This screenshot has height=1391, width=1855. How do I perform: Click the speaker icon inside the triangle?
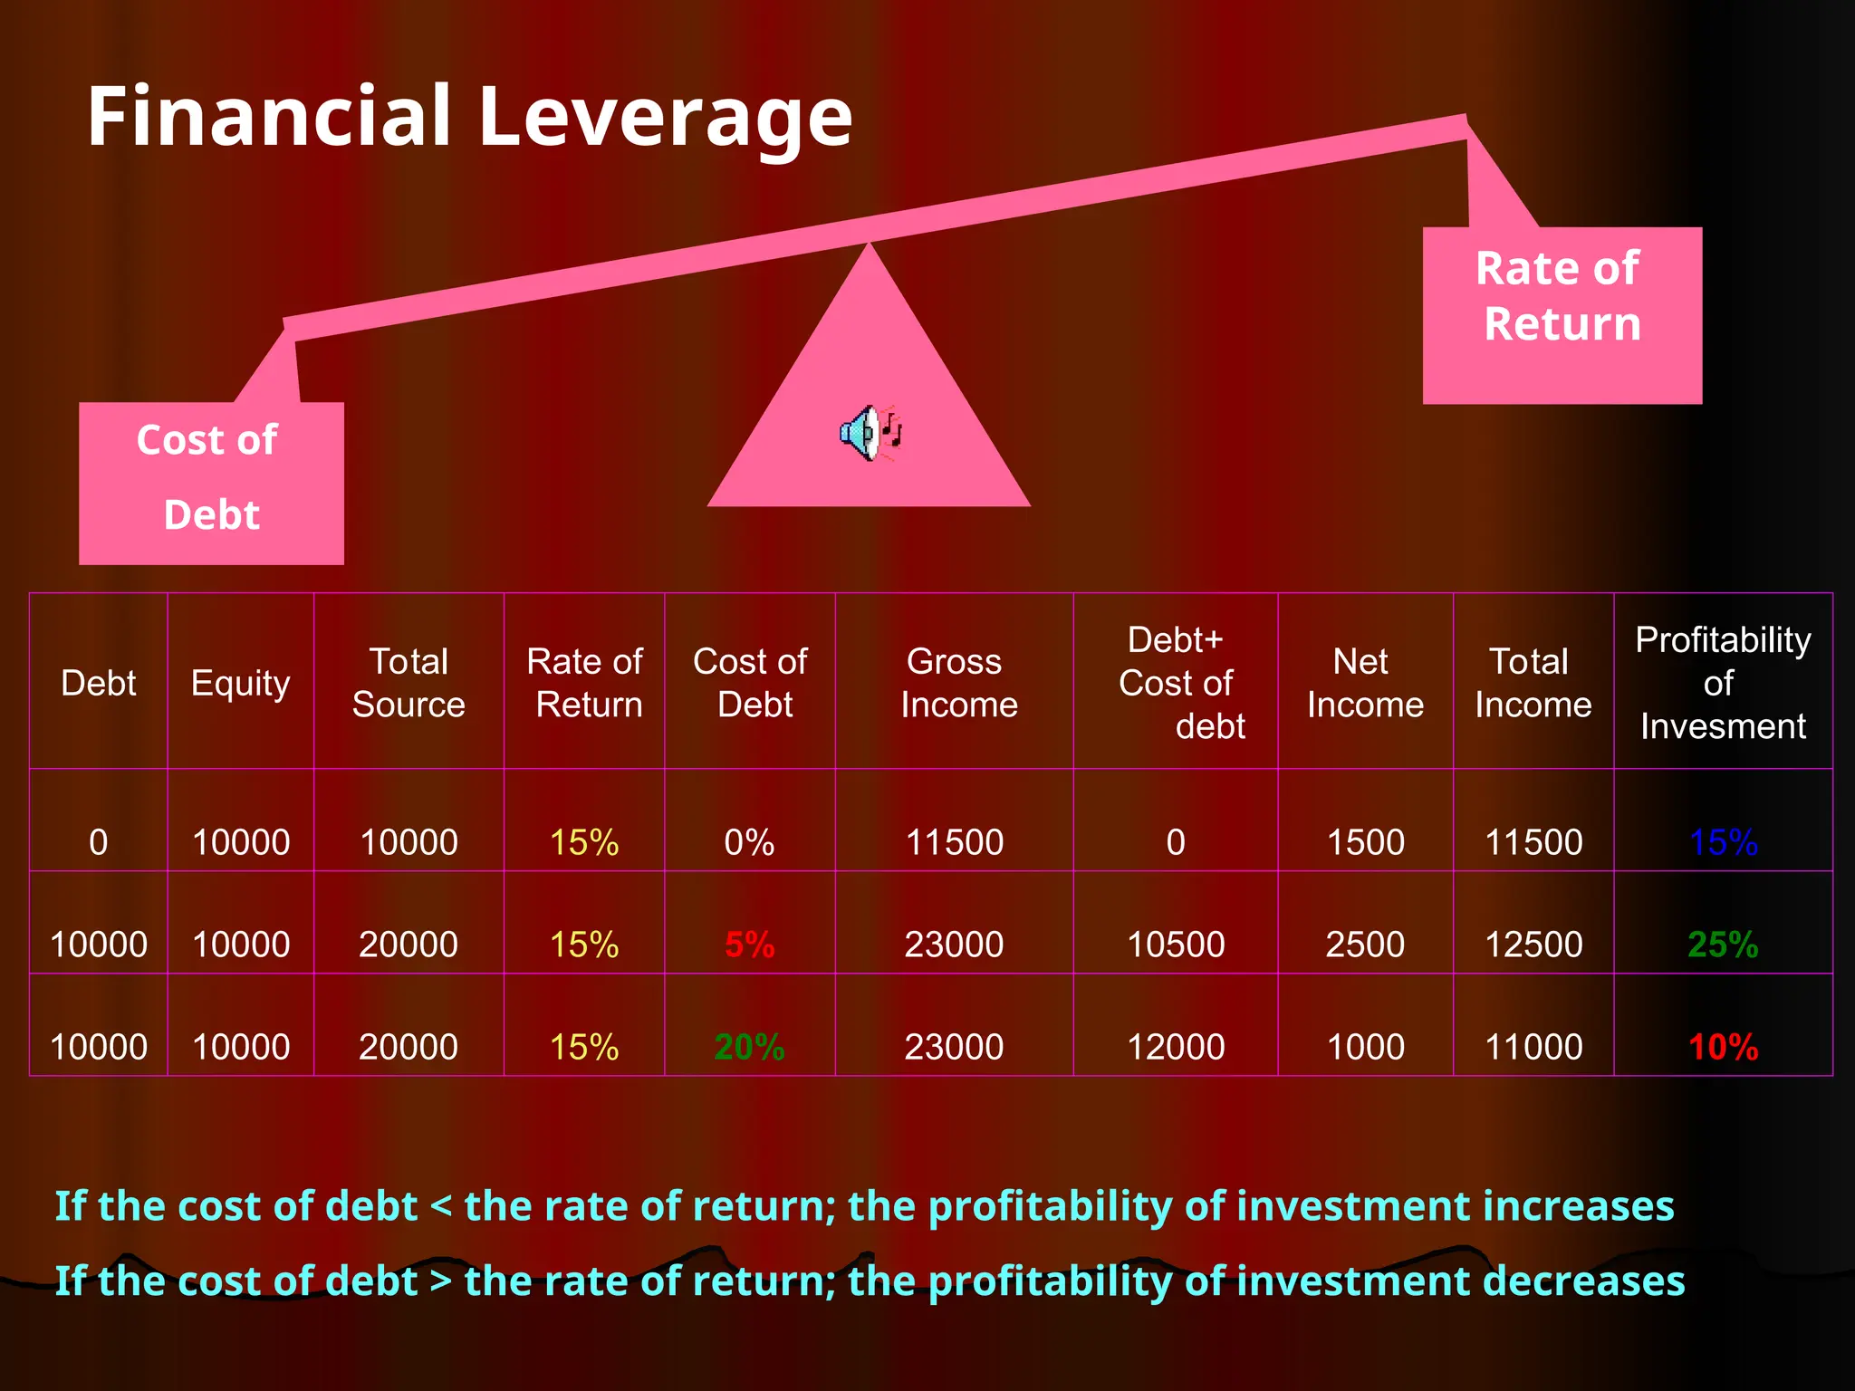[870, 433]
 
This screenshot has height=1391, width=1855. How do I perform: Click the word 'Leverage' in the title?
[665, 118]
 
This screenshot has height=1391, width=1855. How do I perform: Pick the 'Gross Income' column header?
[955, 682]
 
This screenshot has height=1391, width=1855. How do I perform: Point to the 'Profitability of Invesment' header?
[1723, 682]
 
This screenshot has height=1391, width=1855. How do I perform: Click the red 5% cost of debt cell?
[749, 945]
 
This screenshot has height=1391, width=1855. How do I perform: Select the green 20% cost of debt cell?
[749, 1047]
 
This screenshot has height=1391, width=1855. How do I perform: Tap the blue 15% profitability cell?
[1723, 842]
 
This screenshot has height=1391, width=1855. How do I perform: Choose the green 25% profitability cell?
[1723, 945]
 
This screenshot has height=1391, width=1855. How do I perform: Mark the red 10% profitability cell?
[1723, 1047]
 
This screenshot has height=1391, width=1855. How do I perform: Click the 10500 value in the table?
[1176, 945]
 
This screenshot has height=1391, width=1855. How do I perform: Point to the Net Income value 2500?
[1365, 945]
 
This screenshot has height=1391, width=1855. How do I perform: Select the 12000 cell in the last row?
[1176, 1047]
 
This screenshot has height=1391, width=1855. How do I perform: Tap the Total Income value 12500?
[1533, 945]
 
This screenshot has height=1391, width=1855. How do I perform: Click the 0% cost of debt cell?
[749, 842]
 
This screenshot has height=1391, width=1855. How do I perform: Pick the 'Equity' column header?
[240, 682]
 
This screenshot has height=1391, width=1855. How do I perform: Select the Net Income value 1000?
[1365, 1047]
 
